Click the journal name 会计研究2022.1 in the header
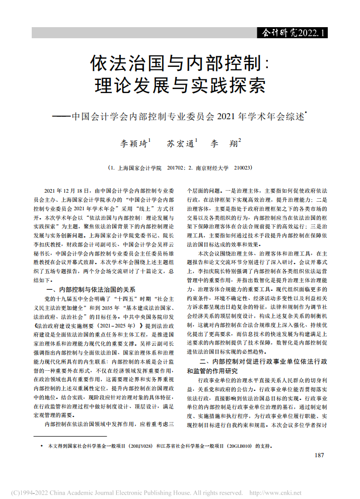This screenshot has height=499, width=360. pos(292,33)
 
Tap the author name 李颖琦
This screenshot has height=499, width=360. pos(134,143)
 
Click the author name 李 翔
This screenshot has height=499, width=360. pos(224,143)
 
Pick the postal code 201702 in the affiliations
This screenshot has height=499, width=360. pos(174,168)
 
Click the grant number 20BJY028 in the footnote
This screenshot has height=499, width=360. pos(141,446)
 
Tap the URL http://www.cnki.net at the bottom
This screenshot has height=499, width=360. pos(279,492)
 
